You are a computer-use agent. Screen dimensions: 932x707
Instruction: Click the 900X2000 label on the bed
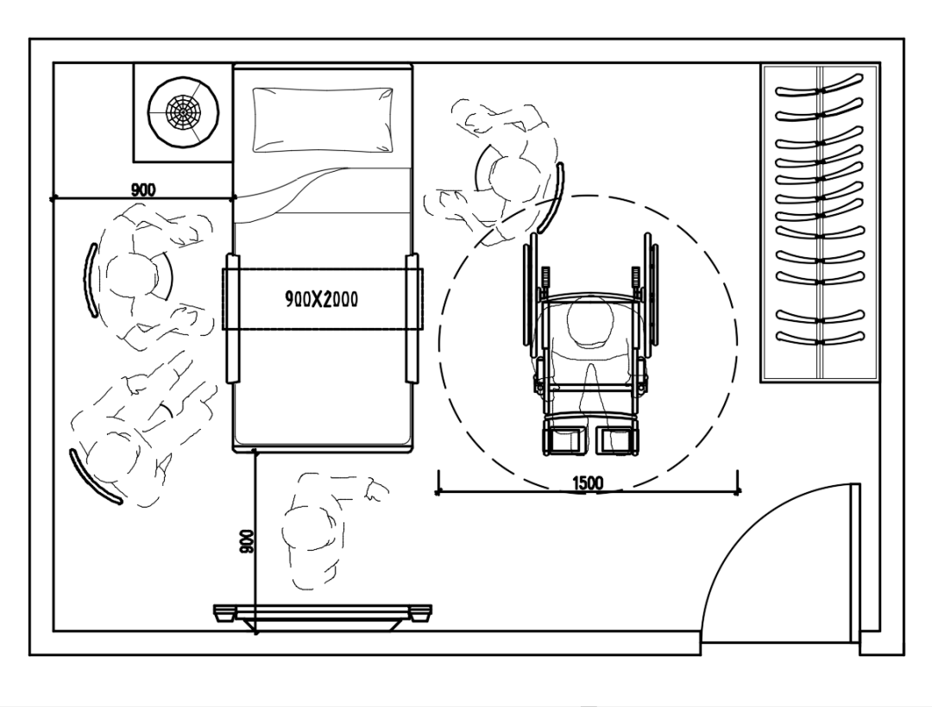(x=322, y=299)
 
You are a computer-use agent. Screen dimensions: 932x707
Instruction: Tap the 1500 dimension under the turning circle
(x=588, y=483)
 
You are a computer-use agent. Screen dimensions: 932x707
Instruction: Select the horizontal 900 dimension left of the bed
(x=143, y=190)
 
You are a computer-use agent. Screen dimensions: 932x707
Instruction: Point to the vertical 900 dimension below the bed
(x=247, y=541)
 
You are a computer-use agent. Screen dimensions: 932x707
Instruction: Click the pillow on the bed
(x=323, y=119)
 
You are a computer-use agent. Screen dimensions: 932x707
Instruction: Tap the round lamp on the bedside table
(x=182, y=110)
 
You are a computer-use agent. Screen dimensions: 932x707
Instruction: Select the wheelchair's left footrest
(x=563, y=439)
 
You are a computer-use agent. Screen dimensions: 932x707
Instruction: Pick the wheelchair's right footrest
(x=616, y=439)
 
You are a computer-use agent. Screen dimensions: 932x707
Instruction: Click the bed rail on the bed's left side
(x=232, y=319)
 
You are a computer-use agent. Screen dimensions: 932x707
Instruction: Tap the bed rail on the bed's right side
(x=412, y=319)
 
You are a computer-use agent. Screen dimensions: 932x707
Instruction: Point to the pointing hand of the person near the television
(x=377, y=489)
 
